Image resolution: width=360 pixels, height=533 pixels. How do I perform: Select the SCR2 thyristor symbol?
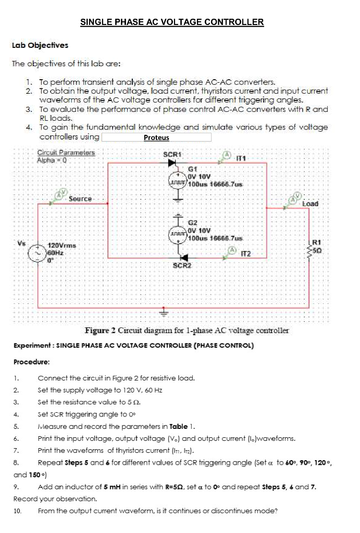click(x=184, y=257)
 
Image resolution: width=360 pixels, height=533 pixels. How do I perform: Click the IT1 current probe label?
click(x=242, y=158)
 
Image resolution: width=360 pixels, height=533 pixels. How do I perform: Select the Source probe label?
click(x=80, y=198)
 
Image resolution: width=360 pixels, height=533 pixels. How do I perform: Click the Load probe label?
click(x=310, y=203)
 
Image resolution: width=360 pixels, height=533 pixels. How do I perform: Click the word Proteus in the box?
click(x=156, y=138)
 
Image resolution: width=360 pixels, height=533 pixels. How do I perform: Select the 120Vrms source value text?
click(x=62, y=245)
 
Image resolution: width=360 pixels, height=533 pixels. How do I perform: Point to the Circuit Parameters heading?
click(x=66, y=153)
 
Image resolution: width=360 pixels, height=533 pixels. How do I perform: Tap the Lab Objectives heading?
click(x=40, y=45)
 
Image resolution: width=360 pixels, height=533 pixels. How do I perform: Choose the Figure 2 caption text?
click(x=188, y=331)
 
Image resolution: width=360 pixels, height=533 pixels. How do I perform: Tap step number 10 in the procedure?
click(x=17, y=511)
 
